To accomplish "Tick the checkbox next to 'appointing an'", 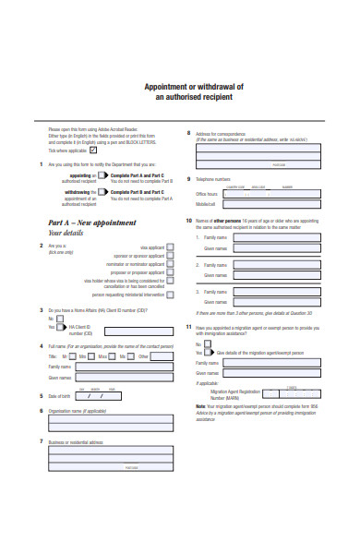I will click(103, 174).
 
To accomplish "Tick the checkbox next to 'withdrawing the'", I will click(103, 192).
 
